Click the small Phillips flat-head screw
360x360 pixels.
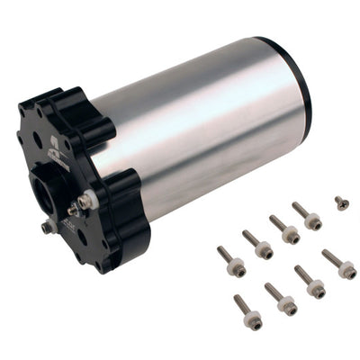(341, 203)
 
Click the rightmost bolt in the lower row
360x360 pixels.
(339, 264)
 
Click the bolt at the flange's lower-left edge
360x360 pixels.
(48, 227)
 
